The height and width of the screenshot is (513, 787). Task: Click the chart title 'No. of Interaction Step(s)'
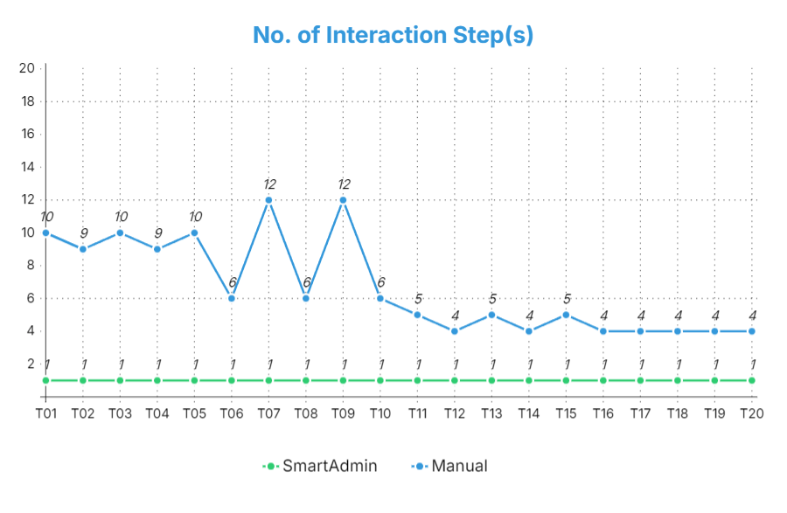tap(393, 35)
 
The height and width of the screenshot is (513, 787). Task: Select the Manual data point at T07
tap(268, 200)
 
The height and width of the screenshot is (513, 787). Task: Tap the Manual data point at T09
tap(343, 200)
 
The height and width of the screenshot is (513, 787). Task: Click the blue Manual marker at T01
tap(45, 233)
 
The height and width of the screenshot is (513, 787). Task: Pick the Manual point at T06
tap(232, 298)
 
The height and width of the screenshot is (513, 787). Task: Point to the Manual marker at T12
tap(455, 331)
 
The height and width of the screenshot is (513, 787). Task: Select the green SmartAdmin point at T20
tap(751, 380)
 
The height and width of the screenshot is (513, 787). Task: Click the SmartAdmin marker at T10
tap(380, 380)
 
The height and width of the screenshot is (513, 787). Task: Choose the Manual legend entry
tap(449, 466)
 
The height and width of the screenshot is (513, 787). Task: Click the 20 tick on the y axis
tap(27, 68)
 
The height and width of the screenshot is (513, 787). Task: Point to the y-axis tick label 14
tap(27, 167)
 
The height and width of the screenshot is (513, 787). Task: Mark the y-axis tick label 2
tap(31, 364)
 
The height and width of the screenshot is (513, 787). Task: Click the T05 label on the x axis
tap(194, 413)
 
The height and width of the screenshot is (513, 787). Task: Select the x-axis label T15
tap(566, 413)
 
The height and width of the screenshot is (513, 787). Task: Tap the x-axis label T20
tap(751, 413)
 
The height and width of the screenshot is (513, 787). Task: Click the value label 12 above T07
tap(269, 184)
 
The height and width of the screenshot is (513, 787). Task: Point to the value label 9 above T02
tap(84, 233)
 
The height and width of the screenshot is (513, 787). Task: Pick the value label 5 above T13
tap(492, 299)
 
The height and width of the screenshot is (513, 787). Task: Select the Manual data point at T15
tap(566, 315)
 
